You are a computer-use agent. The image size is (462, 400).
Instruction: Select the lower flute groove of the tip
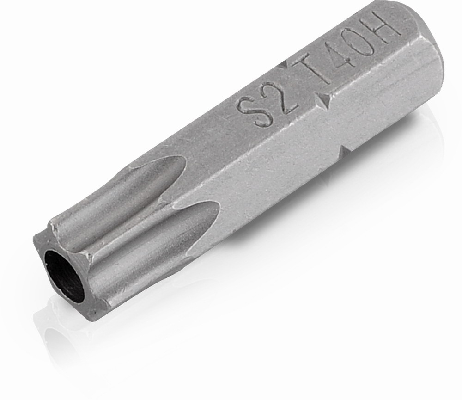click(x=153, y=236)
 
